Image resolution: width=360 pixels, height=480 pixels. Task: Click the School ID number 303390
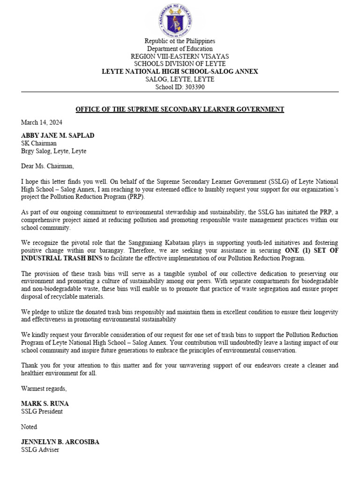(x=192, y=87)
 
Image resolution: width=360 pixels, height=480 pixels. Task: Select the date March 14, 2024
(x=42, y=123)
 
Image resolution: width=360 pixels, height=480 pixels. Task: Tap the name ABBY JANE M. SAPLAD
(x=58, y=135)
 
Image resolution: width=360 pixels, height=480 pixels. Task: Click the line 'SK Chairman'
(x=39, y=143)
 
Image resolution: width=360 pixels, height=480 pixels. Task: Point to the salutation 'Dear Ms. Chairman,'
(x=47, y=165)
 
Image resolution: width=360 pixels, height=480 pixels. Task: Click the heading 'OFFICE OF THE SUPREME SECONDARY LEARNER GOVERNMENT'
(x=180, y=110)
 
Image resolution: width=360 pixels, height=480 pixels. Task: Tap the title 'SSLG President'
(x=42, y=412)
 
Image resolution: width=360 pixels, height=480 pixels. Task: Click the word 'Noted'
(x=29, y=427)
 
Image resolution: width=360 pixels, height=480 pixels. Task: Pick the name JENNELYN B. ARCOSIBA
(x=60, y=442)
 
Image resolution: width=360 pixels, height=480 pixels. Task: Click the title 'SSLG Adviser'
(x=40, y=450)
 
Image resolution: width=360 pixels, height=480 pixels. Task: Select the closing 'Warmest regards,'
(x=44, y=388)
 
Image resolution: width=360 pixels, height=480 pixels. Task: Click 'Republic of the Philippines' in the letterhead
(x=180, y=41)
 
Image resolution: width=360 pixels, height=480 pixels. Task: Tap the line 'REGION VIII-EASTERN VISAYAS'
(x=180, y=56)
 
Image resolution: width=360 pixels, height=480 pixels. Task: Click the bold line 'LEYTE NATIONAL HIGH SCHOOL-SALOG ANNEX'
(x=180, y=72)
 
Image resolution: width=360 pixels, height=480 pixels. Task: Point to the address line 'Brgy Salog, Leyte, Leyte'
(x=54, y=151)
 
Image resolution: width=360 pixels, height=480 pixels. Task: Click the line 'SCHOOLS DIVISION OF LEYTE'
(x=180, y=64)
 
